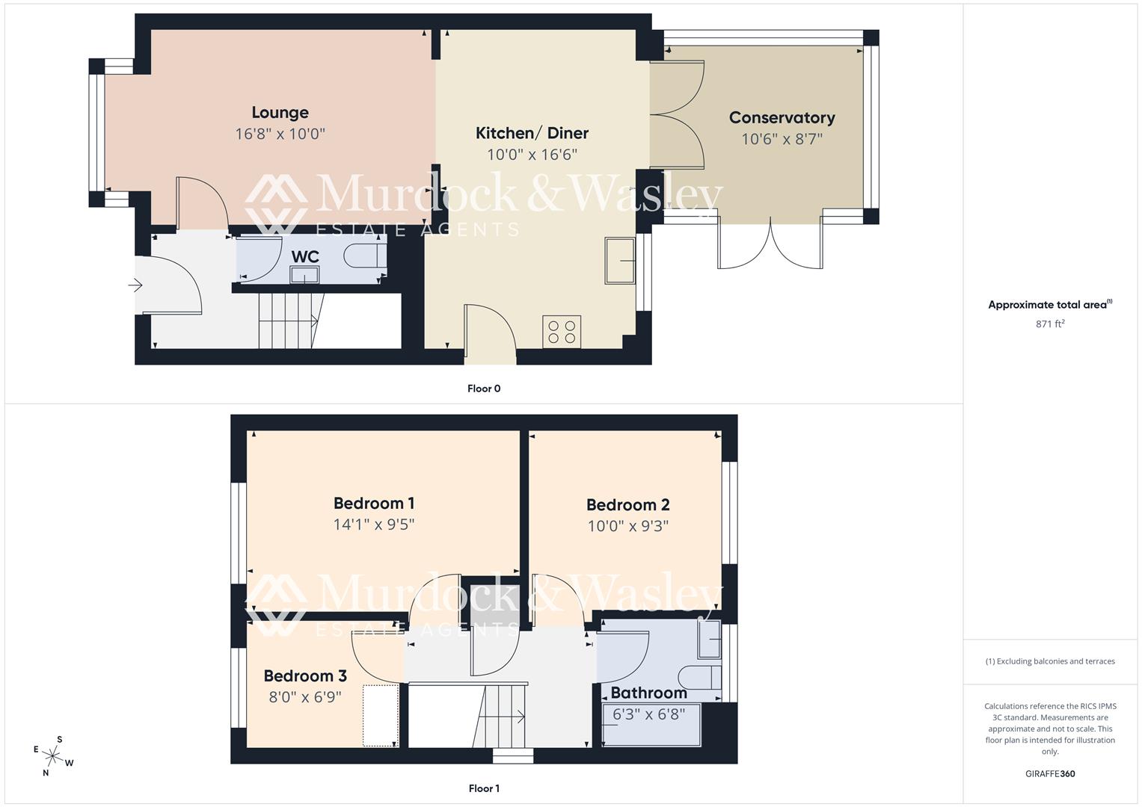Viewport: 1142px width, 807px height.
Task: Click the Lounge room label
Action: click(280, 113)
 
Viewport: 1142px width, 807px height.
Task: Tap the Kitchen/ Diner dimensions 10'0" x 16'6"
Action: click(532, 155)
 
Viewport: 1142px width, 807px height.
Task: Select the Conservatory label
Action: click(782, 118)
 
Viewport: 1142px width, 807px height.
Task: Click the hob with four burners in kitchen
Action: click(562, 332)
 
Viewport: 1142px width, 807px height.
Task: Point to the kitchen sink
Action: click(619, 261)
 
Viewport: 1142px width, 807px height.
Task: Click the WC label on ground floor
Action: click(305, 256)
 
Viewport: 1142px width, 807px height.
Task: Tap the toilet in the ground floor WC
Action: click(364, 256)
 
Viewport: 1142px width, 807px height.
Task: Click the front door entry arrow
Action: click(135, 285)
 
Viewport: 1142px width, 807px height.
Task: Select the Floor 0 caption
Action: click(484, 389)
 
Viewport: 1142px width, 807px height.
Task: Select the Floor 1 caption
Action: click(484, 788)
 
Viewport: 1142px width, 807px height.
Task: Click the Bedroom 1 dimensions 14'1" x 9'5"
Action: click(374, 525)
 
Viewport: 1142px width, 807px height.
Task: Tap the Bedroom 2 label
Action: click(627, 505)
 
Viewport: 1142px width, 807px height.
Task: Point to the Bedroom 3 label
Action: click(305, 676)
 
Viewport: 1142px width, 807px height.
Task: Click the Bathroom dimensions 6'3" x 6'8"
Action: click(648, 714)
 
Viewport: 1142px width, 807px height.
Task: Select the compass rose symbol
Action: click(53, 756)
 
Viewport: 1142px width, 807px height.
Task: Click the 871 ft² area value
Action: click(1050, 324)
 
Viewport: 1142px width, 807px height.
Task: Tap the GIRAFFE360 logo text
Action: click(1050, 774)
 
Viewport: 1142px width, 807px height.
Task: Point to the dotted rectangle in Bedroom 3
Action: click(381, 715)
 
